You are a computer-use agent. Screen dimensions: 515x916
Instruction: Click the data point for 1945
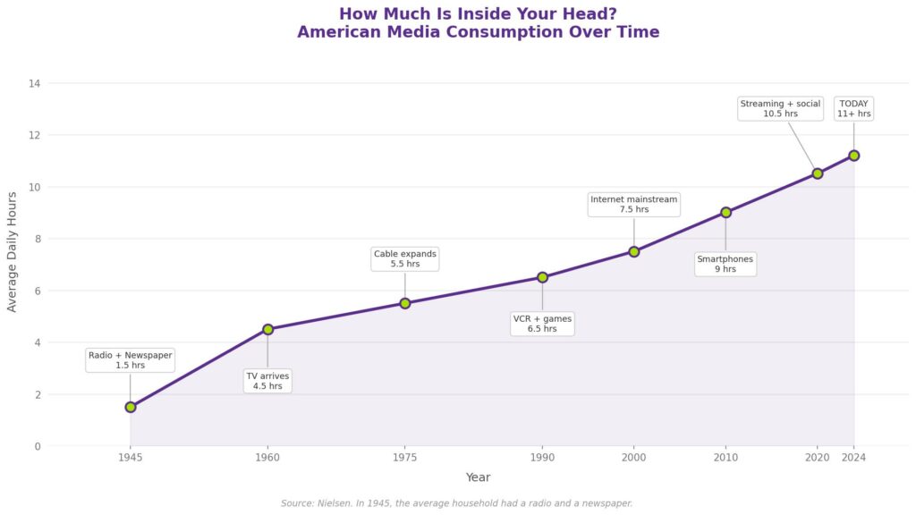point(131,407)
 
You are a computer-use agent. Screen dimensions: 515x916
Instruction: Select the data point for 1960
point(267,329)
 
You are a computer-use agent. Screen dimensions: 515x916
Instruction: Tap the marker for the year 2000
point(634,251)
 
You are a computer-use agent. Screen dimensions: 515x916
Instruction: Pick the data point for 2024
point(854,156)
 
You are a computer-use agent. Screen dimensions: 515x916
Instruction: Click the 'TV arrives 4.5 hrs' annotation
point(267,381)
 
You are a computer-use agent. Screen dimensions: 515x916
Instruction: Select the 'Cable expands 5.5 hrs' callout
point(405,258)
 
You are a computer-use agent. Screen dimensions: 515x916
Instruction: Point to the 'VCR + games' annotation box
point(542,324)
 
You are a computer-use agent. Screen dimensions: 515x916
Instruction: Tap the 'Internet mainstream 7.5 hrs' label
point(634,204)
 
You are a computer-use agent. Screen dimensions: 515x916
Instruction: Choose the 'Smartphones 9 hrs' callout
point(725,264)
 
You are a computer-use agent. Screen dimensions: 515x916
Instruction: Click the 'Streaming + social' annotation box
point(780,108)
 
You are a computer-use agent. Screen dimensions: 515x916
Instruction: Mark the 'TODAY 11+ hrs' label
point(853,108)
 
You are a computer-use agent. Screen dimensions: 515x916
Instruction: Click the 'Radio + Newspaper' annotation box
point(131,359)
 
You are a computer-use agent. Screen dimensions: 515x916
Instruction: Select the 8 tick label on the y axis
point(37,239)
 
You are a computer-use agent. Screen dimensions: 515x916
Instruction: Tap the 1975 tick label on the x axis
point(405,458)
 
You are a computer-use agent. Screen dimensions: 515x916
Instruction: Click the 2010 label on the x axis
point(725,458)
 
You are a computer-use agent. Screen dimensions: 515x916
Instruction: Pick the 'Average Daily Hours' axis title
point(13,251)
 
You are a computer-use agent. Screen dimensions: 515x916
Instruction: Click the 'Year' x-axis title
point(478,477)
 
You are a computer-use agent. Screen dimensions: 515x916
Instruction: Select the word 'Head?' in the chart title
point(590,14)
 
